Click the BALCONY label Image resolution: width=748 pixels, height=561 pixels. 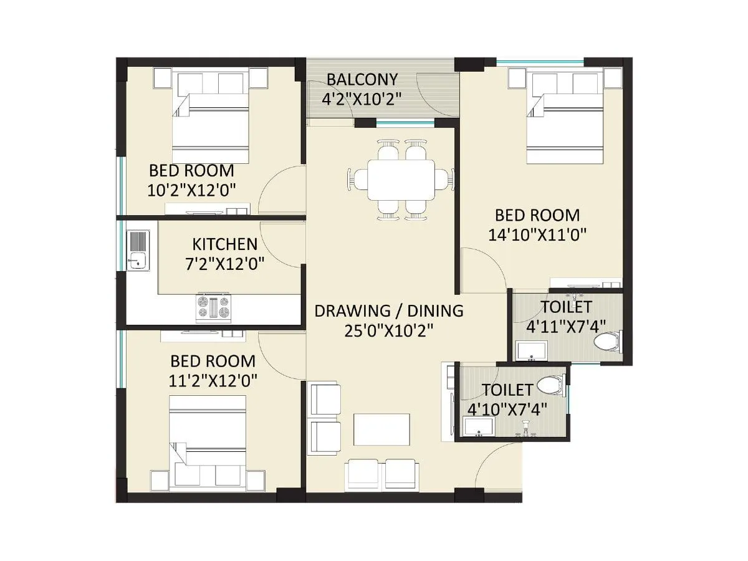point(362,79)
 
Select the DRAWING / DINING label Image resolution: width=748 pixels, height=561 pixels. point(389,310)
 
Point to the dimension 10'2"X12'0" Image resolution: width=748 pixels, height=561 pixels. point(191,189)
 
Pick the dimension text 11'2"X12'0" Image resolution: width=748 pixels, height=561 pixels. point(213,380)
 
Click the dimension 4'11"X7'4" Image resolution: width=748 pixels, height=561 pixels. point(566,326)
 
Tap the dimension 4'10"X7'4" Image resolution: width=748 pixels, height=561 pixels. point(507,409)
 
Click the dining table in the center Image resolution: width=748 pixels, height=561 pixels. point(401,180)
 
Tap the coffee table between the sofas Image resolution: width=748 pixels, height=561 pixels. point(381,429)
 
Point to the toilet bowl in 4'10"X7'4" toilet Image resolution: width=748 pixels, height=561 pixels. point(549,385)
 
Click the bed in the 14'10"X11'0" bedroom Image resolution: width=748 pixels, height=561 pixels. point(565,125)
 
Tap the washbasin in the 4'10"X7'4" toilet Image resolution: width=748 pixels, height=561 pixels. point(478,427)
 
